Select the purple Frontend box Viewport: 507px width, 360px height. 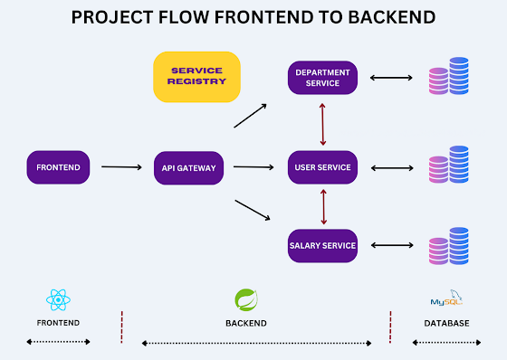click(x=59, y=167)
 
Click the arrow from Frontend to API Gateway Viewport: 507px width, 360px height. click(x=121, y=167)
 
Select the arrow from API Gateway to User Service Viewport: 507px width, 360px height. click(x=253, y=167)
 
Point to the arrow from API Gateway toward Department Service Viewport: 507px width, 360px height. click(x=250, y=116)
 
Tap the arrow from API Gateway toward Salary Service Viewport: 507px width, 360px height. click(x=253, y=210)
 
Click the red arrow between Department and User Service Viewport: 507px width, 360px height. click(x=323, y=122)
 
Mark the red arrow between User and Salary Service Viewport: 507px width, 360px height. click(x=323, y=206)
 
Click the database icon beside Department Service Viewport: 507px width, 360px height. click(x=448, y=77)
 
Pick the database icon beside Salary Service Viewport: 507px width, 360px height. click(x=448, y=245)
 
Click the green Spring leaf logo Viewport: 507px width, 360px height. click(x=245, y=299)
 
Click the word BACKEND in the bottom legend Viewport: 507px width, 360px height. click(x=245, y=323)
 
